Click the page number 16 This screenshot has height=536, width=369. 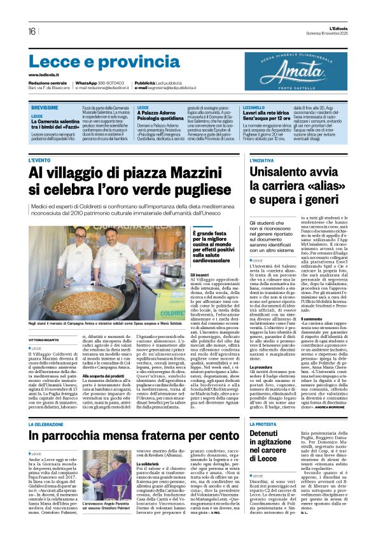(31, 31)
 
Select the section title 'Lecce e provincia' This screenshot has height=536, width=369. (95, 62)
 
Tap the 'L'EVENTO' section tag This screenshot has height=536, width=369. (40, 160)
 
